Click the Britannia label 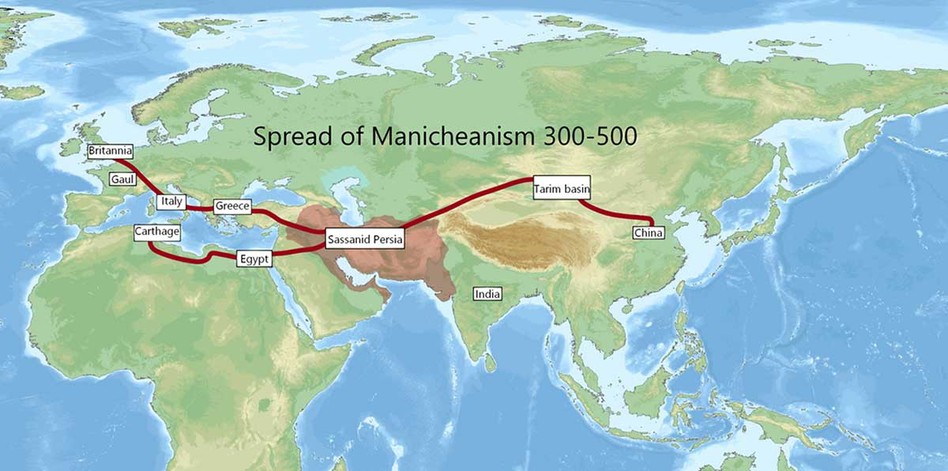click(110, 150)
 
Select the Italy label click(171, 202)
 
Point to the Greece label click(231, 207)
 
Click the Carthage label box click(157, 232)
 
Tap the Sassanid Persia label click(366, 238)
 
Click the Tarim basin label click(562, 189)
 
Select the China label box click(649, 232)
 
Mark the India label click(487, 294)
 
